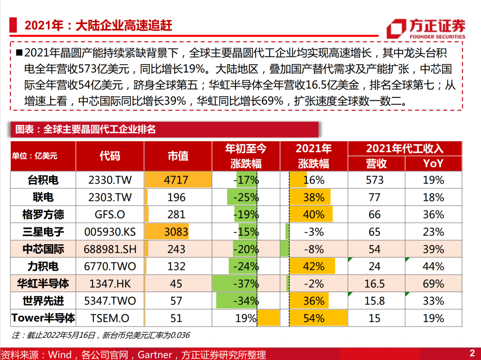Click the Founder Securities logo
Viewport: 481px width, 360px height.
click(x=426, y=29)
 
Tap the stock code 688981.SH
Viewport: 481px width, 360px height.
click(x=110, y=249)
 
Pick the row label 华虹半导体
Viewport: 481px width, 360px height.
click(x=43, y=283)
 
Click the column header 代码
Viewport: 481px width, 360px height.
click(x=110, y=156)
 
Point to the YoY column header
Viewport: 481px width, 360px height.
click(x=433, y=164)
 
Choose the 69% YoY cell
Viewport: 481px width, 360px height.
click(x=433, y=283)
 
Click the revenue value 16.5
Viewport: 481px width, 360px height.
click(x=374, y=283)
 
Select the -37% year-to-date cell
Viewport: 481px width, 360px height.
click(x=246, y=283)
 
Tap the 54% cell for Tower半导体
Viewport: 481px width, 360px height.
click(x=314, y=318)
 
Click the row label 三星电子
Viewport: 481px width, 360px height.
click(x=43, y=232)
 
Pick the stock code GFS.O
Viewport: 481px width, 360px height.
click(x=110, y=214)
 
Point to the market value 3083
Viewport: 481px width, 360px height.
click(x=176, y=232)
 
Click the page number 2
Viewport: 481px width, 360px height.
click(x=472, y=352)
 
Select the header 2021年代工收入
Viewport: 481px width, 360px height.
click(x=404, y=148)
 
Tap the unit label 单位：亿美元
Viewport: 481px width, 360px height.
click(x=34, y=156)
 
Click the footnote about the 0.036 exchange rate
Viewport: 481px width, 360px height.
click(x=101, y=335)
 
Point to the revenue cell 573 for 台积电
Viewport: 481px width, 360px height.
click(x=375, y=180)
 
